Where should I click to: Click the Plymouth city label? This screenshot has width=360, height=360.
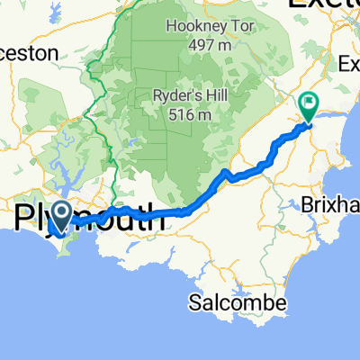[x=90, y=220]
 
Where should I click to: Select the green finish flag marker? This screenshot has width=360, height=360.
[x=309, y=105]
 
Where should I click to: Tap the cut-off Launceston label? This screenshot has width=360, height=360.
[x=29, y=53]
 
